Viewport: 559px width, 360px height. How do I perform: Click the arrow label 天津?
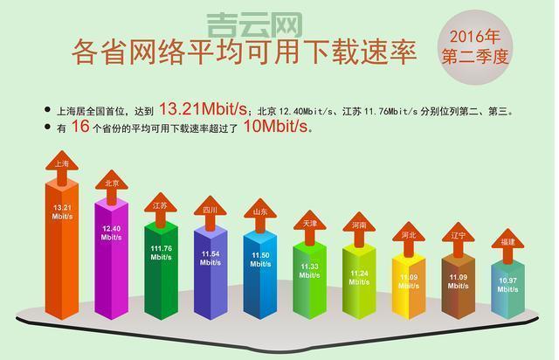(310, 224)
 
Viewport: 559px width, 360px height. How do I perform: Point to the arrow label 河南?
(359, 225)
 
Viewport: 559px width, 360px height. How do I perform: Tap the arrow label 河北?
(409, 235)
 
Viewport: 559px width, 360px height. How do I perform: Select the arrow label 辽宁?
(459, 236)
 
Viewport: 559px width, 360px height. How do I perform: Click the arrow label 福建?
(507, 242)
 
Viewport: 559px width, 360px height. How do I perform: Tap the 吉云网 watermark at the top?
(254, 24)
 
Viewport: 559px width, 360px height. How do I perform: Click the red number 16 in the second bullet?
(79, 128)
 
